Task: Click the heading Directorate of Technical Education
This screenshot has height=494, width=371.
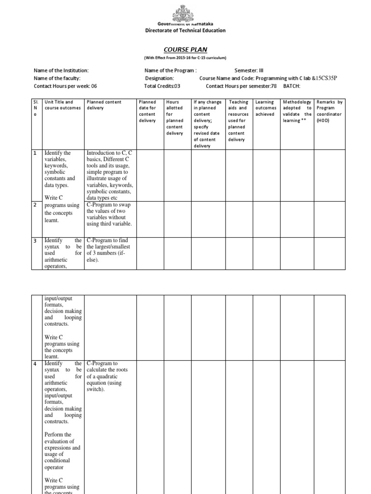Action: [185, 30]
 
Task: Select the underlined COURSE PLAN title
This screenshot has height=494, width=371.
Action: [185, 49]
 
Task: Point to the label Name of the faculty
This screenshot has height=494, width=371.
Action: [57, 78]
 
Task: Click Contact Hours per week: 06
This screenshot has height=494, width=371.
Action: [65, 86]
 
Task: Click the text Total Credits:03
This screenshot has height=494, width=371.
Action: [162, 86]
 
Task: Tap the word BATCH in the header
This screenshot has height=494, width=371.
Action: [291, 86]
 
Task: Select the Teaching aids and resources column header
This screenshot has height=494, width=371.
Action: [238, 121]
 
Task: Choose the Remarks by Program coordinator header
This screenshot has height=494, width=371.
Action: [329, 111]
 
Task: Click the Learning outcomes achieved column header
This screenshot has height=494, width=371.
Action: [265, 108]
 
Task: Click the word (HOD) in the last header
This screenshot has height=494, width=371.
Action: [323, 121]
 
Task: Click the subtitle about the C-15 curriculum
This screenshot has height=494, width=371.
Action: [185, 57]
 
